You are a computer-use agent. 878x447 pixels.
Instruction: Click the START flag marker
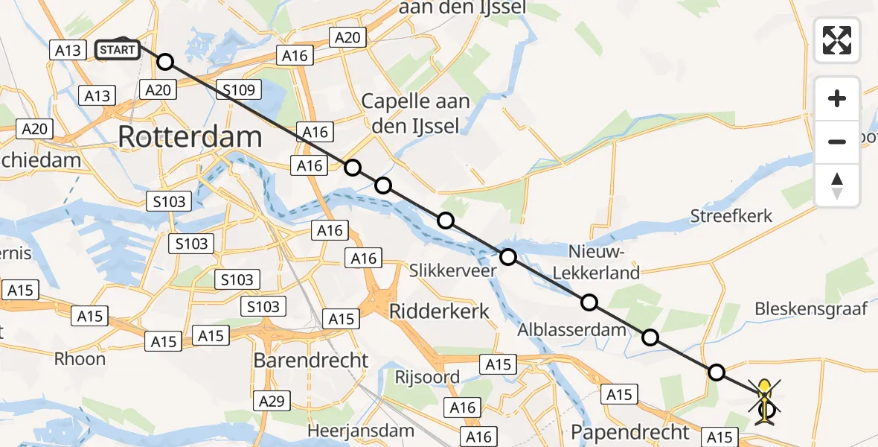click(118, 50)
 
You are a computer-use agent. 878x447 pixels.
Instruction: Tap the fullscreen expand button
click(837, 40)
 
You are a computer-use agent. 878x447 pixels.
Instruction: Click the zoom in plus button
click(837, 98)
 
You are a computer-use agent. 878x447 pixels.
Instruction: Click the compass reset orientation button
click(837, 186)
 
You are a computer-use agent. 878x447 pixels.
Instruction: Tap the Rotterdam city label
click(190, 137)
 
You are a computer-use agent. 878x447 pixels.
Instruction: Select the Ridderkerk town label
click(440, 311)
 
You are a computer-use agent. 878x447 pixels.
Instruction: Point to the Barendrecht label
click(311, 361)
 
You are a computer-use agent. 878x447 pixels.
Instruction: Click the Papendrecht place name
click(631, 431)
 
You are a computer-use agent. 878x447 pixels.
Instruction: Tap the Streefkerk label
click(731, 217)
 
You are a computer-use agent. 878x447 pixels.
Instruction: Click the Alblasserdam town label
click(574, 330)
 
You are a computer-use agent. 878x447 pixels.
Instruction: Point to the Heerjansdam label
click(361, 431)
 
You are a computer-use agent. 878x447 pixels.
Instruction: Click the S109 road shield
click(240, 91)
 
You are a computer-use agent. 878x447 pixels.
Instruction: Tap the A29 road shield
click(272, 402)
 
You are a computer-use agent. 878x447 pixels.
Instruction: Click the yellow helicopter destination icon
click(765, 401)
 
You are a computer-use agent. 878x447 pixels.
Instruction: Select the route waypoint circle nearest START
click(165, 62)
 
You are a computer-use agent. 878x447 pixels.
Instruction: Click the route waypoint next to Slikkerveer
click(508, 258)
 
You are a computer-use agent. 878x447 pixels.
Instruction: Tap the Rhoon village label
click(80, 358)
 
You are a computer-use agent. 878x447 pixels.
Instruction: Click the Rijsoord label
click(427, 377)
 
